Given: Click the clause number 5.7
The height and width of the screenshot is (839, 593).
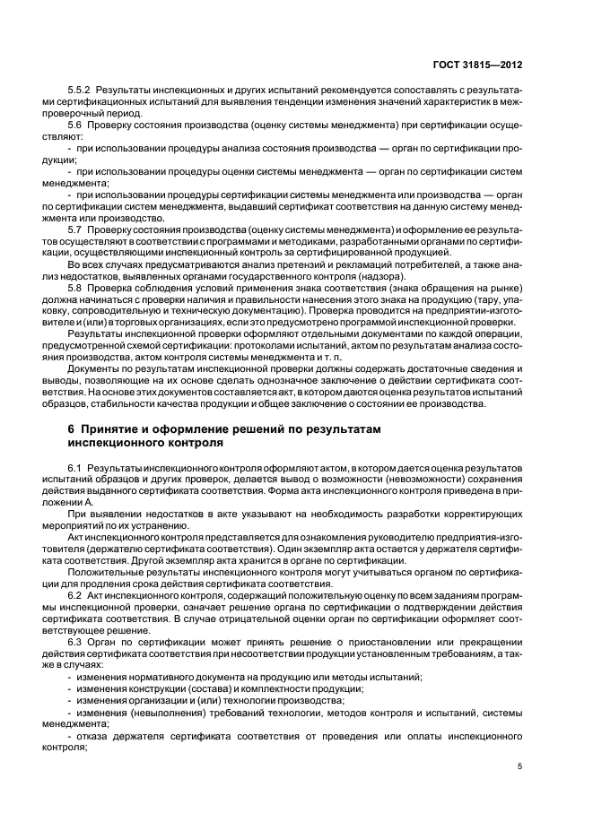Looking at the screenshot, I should [75, 231].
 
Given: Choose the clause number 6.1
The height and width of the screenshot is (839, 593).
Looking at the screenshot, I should [75, 468].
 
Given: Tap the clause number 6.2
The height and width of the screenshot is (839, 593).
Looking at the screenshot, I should [75, 593].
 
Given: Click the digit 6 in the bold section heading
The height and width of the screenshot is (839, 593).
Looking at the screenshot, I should [72, 429].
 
